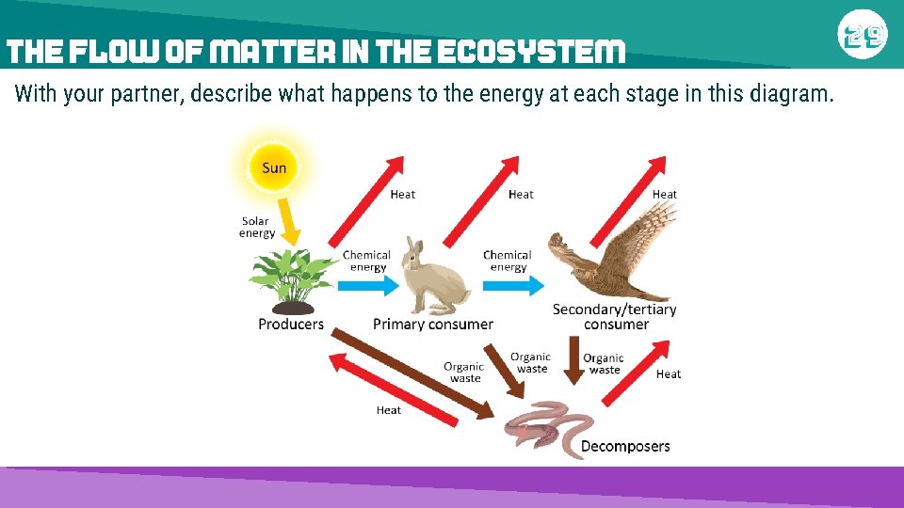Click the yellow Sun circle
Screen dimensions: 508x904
coord(273,167)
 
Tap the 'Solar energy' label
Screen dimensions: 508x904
coord(255,227)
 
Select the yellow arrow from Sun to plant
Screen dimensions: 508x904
coord(290,220)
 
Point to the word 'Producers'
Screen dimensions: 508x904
coord(291,325)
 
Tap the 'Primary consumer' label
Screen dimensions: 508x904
coord(433,325)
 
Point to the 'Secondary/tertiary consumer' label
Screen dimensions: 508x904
coord(614,316)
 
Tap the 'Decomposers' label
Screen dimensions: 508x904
coord(625,446)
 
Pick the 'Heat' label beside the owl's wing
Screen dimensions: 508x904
coord(665,194)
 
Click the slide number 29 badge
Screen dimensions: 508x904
coord(862,35)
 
